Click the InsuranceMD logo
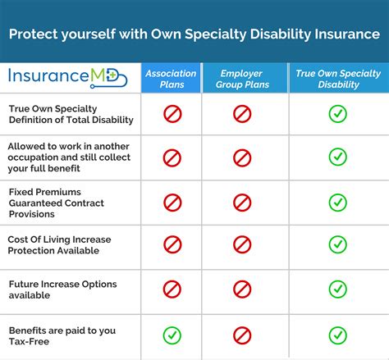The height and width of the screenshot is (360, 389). [70, 77]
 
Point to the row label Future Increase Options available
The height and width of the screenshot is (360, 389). [63, 289]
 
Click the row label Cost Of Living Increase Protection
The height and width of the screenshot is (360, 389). [60, 245]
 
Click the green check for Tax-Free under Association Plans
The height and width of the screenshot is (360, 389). [172, 335]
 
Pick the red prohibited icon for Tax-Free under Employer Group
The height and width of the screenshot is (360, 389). [242, 335]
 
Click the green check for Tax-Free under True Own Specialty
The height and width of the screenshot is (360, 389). [337, 335]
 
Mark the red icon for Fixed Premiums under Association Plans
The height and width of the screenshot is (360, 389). [172, 202]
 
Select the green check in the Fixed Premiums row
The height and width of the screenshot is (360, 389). [337, 202]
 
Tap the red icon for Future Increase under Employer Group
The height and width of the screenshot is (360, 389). [242, 289]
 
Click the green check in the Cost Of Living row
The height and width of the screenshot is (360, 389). [337, 244]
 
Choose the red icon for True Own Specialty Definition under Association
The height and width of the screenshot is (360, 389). [172, 113]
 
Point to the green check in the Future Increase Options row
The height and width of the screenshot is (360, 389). [337, 289]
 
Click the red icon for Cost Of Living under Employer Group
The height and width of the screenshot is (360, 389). [242, 244]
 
